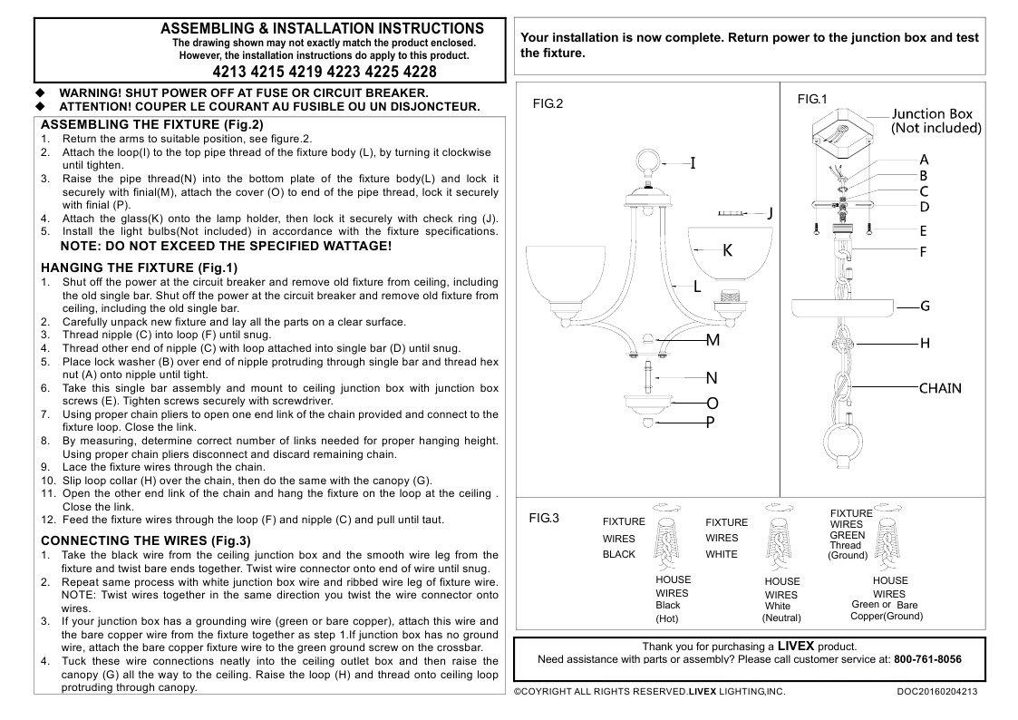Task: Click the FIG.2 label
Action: coord(548,104)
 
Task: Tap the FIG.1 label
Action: coord(812,98)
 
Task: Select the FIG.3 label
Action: coord(544,519)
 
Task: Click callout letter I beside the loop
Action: coord(693,163)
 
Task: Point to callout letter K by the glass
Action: coord(727,251)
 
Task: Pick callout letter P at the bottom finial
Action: coord(711,423)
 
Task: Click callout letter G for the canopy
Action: coord(925,306)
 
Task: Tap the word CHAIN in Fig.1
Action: coord(940,388)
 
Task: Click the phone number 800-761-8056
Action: coord(927,659)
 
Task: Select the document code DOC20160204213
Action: coord(931,692)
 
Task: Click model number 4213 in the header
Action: coord(230,72)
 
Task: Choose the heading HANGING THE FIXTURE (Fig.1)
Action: coord(140,268)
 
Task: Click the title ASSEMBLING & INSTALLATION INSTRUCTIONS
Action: coord(322,29)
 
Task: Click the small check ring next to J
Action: coord(731,213)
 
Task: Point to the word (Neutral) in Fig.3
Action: coord(781,618)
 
